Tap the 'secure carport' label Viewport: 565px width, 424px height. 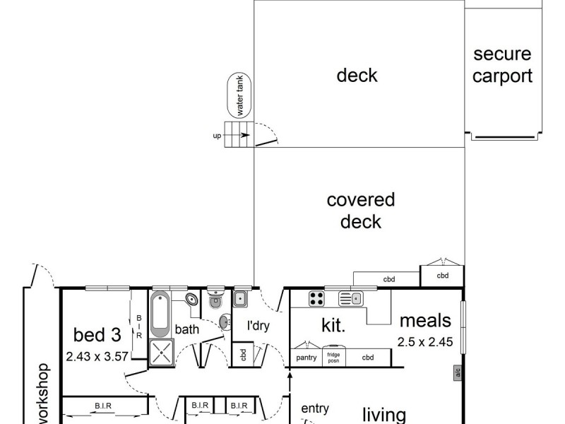tap(502, 65)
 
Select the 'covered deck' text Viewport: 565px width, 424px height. tap(360, 211)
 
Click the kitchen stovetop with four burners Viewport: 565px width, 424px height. tap(316, 299)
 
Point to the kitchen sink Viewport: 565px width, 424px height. tap(350, 299)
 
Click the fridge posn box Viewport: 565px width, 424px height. tap(333, 358)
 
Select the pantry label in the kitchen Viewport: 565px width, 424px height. tap(306, 358)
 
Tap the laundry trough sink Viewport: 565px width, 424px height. tap(241, 299)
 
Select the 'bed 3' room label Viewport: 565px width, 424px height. tap(95, 334)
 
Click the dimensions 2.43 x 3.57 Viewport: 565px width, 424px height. tap(97, 356)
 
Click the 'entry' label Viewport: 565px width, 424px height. tap(315, 408)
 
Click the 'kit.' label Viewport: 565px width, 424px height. tap(333, 326)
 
